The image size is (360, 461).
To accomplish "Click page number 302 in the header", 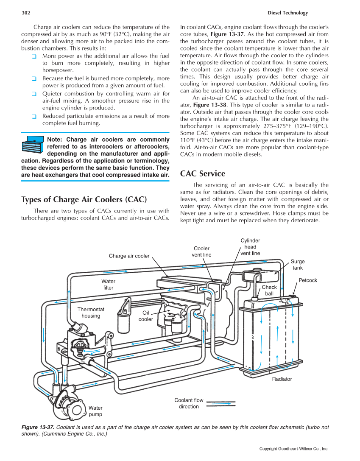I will pyautogui.click(x=25, y=13).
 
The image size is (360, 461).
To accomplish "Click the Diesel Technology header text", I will pyautogui.click(x=288, y=13).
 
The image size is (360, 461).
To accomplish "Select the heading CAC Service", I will pyautogui.click(x=203, y=174).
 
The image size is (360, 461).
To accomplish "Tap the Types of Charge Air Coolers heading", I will pyautogui.click(x=84, y=199).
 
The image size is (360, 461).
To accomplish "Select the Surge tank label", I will pyautogui.click(x=298, y=265).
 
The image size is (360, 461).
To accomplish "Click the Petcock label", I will pyautogui.click(x=308, y=280).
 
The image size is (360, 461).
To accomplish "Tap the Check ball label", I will pyautogui.click(x=269, y=291).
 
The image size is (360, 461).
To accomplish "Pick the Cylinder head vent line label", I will pyautogui.click(x=250, y=247).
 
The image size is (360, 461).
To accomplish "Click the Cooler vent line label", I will pyautogui.click(x=201, y=251).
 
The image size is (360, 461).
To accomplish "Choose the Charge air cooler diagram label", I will pyautogui.click(x=129, y=256).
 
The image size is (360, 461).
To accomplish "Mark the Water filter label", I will pyautogui.click(x=108, y=285).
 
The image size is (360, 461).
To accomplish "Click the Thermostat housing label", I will pyautogui.click(x=91, y=313).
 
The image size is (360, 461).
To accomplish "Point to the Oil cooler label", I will pyautogui.click(x=145, y=316).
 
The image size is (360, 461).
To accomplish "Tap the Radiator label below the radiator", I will pyautogui.click(x=282, y=379).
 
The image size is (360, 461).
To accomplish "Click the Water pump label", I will pyautogui.click(x=95, y=411).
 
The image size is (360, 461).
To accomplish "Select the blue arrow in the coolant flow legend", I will pyautogui.click(x=220, y=404).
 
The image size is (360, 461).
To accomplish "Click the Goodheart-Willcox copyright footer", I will pyautogui.click(x=294, y=448).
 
